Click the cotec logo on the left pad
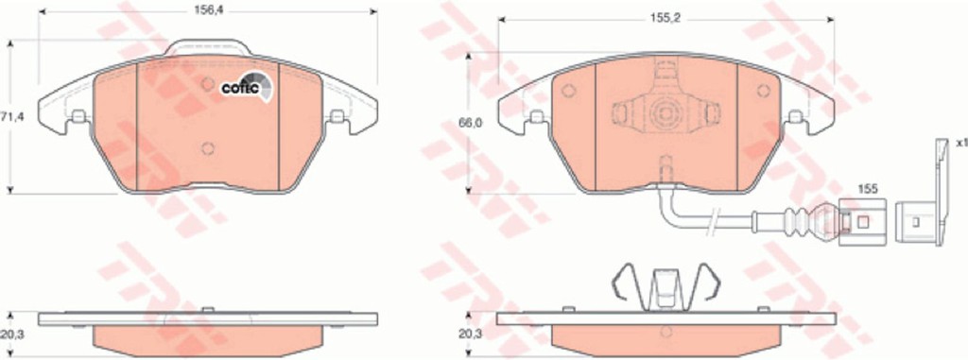coord(247,86)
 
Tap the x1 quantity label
coord(961,143)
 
